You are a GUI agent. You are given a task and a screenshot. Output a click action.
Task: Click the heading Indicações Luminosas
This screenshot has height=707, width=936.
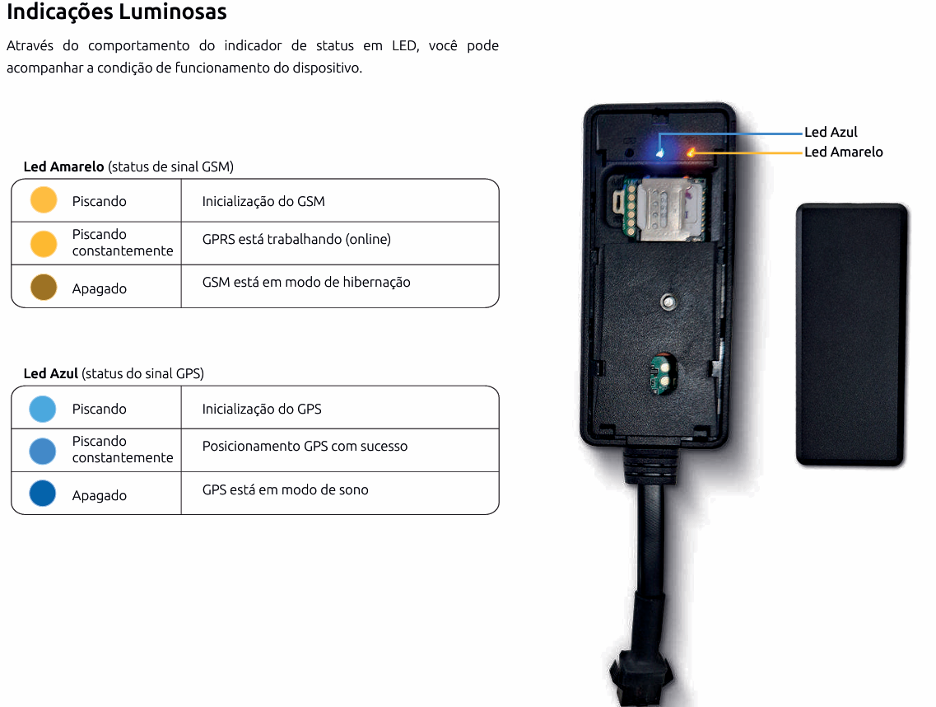click(x=116, y=12)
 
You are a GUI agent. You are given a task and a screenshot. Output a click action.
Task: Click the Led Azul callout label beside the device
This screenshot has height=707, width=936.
click(x=831, y=132)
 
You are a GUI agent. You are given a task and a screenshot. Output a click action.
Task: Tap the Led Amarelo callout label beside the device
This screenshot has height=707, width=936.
click(x=844, y=152)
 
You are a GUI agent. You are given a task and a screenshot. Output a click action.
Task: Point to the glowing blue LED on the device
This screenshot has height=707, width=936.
click(x=660, y=153)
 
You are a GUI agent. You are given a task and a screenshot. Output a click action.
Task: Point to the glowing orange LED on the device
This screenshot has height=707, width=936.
click(x=692, y=152)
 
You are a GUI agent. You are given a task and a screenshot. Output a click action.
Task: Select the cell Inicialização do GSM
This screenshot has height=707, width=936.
click(x=263, y=201)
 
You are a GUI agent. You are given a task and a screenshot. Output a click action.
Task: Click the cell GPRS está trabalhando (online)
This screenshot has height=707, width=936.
click(x=296, y=239)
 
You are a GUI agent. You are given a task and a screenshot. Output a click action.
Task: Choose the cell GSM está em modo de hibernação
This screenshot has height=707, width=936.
click(x=306, y=282)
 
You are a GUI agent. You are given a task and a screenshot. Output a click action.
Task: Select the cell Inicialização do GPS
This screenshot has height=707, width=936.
click(x=262, y=409)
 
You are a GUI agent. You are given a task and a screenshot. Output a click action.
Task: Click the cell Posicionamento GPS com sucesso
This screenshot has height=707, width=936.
click(x=305, y=446)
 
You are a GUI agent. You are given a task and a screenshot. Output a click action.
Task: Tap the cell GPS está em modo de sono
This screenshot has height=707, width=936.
click(x=286, y=489)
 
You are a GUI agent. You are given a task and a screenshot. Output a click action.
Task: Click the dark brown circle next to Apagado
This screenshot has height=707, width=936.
click(x=44, y=287)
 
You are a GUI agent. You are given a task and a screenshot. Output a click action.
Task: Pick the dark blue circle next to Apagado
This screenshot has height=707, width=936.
click(x=42, y=494)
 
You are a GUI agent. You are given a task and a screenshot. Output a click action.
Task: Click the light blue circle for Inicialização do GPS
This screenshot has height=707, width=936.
click(x=42, y=409)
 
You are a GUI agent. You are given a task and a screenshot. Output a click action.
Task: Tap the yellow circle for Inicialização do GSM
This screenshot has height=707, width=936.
click(x=44, y=199)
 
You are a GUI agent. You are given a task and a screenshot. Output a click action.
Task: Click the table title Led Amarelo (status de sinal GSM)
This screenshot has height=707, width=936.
click(x=128, y=166)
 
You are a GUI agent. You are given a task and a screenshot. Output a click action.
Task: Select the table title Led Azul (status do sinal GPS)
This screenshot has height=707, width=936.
click(x=114, y=373)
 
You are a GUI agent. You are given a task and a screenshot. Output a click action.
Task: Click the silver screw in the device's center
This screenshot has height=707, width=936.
click(x=668, y=302)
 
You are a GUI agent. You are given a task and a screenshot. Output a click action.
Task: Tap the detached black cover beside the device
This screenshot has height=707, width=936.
click(x=852, y=335)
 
